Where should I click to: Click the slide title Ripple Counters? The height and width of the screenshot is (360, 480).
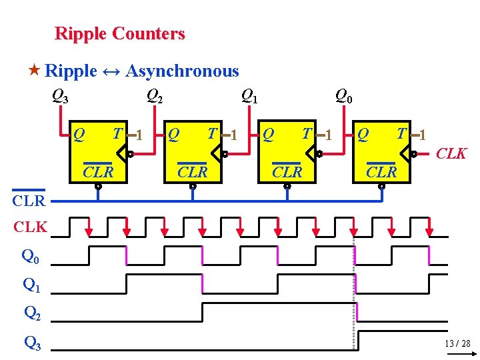[119, 33]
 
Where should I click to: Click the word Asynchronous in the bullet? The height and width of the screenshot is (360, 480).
[182, 71]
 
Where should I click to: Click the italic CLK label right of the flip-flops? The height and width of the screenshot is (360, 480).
[451, 154]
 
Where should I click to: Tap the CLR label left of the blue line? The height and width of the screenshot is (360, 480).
[29, 200]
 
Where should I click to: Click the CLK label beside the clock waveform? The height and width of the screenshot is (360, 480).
[31, 227]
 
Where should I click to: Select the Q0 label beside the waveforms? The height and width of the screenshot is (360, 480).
[31, 255]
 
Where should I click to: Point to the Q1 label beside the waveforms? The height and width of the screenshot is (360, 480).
[32, 285]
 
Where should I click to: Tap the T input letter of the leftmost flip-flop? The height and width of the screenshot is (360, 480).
[117, 134]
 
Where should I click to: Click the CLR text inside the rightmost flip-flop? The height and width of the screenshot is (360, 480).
[381, 172]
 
